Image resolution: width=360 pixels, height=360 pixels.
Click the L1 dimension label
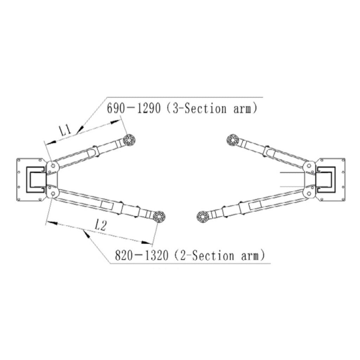[x=65, y=130]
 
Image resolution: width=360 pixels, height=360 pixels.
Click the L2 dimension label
[x=101, y=225]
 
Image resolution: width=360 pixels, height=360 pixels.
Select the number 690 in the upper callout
[x=116, y=108]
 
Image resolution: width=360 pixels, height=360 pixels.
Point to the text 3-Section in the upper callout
[x=198, y=108]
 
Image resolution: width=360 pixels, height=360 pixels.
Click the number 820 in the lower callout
[x=123, y=255]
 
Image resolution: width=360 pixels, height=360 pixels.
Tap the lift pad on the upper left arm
[x=129, y=140]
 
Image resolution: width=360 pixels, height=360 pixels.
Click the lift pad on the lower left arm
[x=159, y=217]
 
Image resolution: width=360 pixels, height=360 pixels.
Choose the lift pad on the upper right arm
[x=233, y=140]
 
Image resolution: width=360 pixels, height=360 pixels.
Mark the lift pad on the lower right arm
[x=203, y=216]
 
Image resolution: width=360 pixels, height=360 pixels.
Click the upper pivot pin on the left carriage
[x=53, y=166]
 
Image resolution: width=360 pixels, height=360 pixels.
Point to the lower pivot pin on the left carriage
[x=53, y=194]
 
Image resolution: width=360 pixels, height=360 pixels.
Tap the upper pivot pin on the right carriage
[x=309, y=166]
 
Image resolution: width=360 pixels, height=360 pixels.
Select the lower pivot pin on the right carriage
[x=309, y=194]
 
